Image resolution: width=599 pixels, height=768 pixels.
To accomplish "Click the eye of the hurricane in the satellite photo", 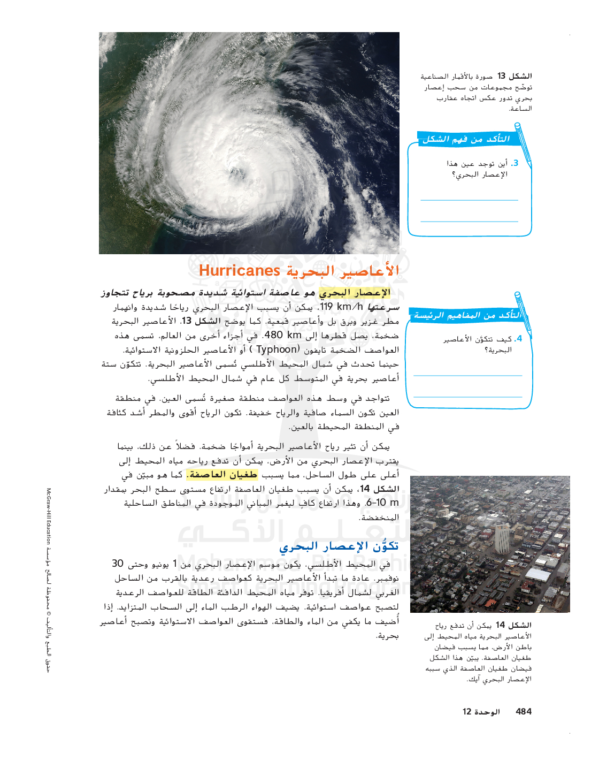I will coord(236,172).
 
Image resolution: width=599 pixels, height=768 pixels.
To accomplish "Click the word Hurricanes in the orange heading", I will coord(240,271).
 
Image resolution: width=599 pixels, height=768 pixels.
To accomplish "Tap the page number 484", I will coord(524,711).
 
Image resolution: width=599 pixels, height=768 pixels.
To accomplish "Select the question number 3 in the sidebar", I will coord(515,163).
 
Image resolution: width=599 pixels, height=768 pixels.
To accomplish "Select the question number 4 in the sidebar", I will coord(519,339).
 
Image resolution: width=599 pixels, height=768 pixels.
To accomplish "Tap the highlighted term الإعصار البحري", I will coord(355,293).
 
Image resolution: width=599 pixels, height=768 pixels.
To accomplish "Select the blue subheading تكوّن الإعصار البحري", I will coord(339,546).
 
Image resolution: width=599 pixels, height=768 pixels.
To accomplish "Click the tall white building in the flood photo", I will coord(502,539).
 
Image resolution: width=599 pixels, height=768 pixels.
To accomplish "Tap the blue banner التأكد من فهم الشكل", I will coord(466,139).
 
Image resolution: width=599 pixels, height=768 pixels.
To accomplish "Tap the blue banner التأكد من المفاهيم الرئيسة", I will coord(467,315).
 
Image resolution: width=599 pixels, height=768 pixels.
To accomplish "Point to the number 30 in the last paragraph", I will coord(118,564).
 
